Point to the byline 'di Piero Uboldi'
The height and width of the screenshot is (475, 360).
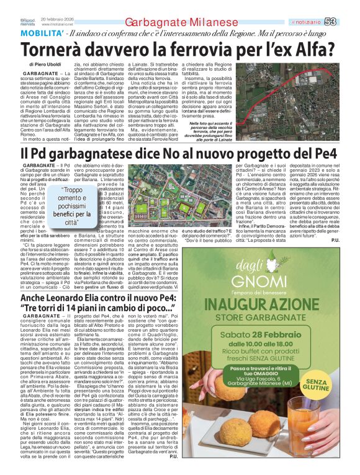(45, 64)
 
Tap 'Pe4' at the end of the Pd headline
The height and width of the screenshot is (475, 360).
(325, 153)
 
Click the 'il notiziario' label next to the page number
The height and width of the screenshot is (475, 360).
(323, 22)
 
